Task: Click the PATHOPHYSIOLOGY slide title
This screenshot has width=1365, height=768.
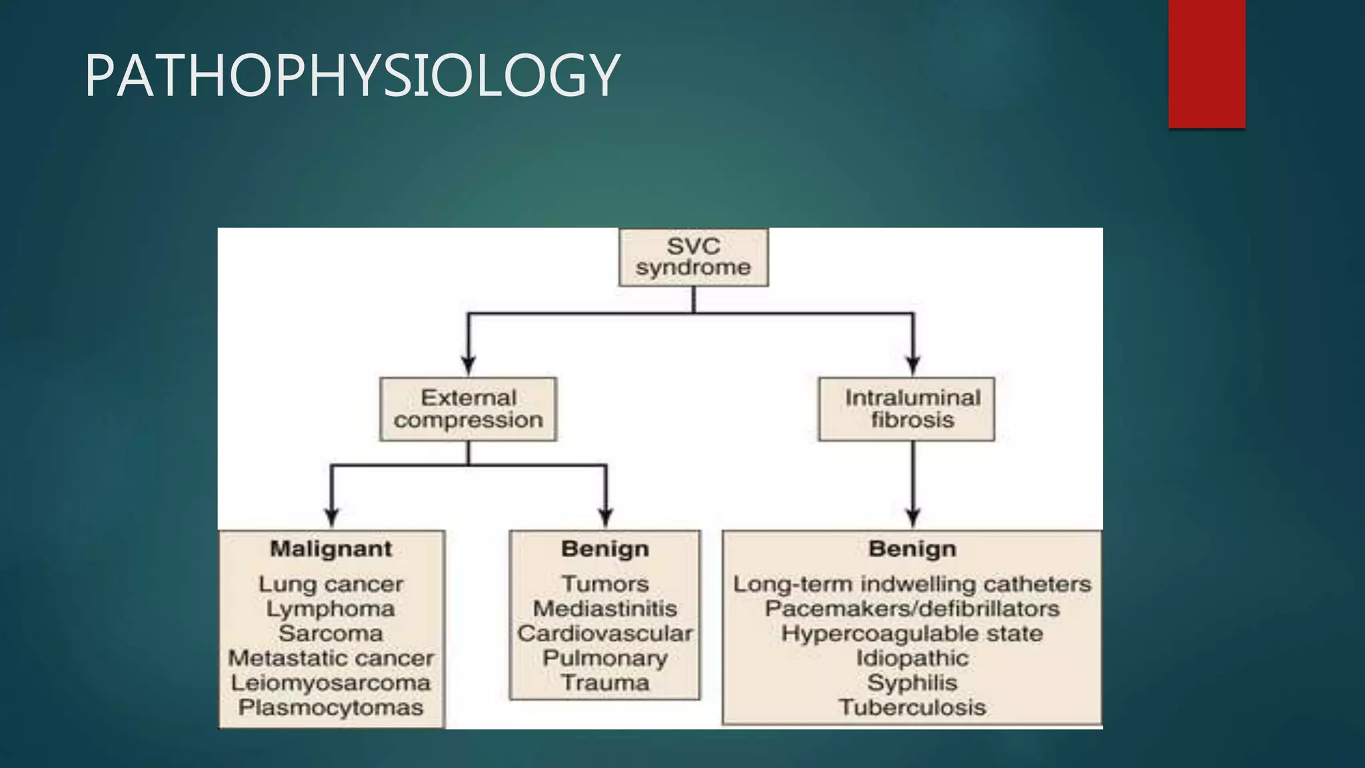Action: pyautogui.click(x=352, y=75)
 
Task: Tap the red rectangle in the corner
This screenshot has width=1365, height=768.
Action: pyautogui.click(x=1206, y=63)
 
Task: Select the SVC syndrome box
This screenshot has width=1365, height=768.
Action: pyautogui.click(x=693, y=257)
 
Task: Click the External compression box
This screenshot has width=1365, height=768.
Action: pyautogui.click(x=468, y=409)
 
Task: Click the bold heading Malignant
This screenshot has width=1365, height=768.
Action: pyautogui.click(x=331, y=549)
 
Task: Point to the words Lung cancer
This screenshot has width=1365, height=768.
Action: pyautogui.click(x=331, y=584)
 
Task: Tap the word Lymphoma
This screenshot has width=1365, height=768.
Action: pyautogui.click(x=331, y=609)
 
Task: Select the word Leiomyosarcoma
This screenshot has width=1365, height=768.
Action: pyautogui.click(x=331, y=683)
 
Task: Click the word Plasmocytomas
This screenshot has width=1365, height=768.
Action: pyautogui.click(x=331, y=707)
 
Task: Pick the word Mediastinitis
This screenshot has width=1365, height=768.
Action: pyautogui.click(x=605, y=609)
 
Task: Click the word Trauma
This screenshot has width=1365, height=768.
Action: pyautogui.click(x=605, y=683)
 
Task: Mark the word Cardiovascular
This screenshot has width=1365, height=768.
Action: pyautogui.click(x=605, y=633)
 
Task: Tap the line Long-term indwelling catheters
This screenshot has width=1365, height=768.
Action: pyautogui.click(x=912, y=584)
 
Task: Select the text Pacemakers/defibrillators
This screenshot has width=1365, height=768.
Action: pyautogui.click(x=912, y=609)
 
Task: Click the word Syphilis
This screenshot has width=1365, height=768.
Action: pyautogui.click(x=912, y=683)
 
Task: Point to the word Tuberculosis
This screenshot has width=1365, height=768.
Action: pyautogui.click(x=912, y=707)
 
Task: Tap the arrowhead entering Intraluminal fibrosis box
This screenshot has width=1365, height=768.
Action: pyautogui.click(x=913, y=365)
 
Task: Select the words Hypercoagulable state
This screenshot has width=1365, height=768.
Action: pyautogui.click(x=912, y=633)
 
